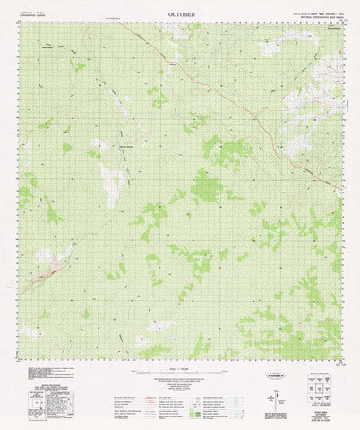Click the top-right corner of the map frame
(x=341, y=26)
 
